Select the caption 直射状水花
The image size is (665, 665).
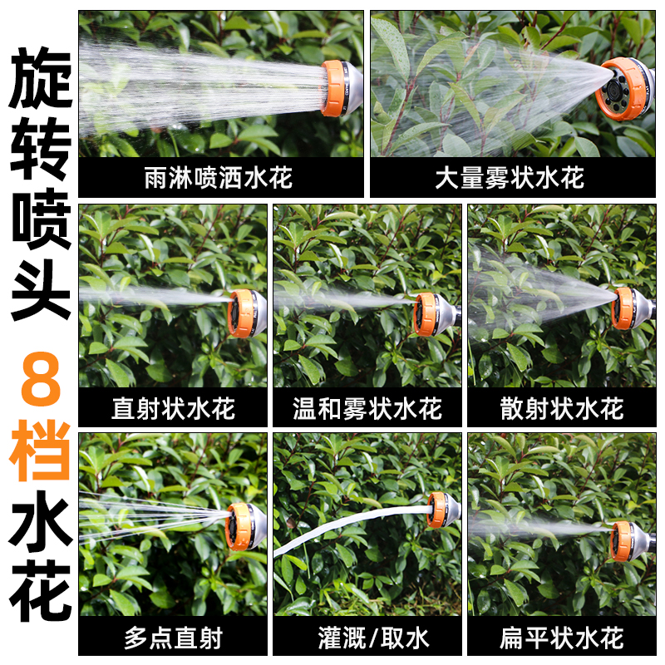173,408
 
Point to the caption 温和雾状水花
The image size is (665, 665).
367,408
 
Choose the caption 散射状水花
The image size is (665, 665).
562,408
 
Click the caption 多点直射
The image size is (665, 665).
173,638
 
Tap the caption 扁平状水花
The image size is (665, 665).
562,638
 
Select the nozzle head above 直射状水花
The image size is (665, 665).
245,313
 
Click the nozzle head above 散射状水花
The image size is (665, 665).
628,308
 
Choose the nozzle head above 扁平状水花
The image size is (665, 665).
625,541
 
